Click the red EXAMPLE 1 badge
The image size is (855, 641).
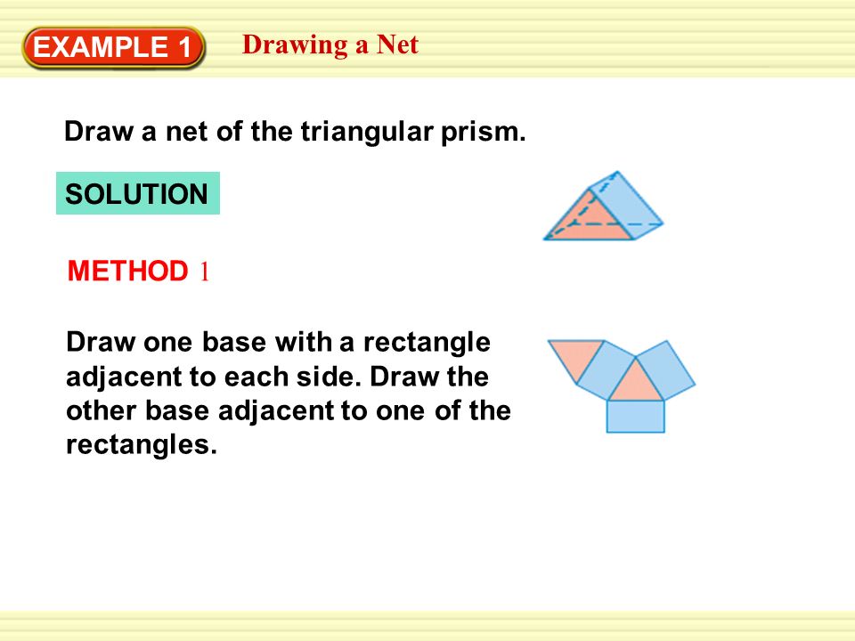(115, 48)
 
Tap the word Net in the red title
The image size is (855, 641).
(396, 45)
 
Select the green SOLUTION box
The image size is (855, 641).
(137, 194)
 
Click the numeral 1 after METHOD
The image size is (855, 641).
(204, 272)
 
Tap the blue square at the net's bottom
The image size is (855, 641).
(635, 416)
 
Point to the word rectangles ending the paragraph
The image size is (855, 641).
(142, 444)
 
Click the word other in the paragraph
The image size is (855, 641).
(99, 411)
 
